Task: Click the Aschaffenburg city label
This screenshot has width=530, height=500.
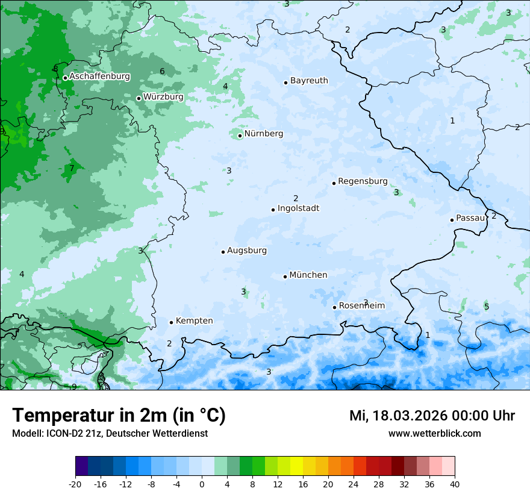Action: click(99, 77)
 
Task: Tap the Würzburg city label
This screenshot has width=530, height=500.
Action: click(163, 96)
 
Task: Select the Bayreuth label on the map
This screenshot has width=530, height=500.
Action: click(309, 80)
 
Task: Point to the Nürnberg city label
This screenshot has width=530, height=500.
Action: click(263, 134)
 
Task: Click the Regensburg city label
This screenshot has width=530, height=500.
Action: click(363, 181)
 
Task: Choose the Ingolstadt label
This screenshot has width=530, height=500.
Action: click(298, 208)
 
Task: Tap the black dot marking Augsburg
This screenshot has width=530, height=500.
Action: click(223, 252)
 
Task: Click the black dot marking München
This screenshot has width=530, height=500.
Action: click(285, 277)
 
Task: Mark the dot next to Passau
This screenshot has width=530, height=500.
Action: click(452, 220)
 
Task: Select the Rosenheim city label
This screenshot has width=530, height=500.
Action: click(361, 305)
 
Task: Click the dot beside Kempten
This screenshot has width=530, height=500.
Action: click(171, 322)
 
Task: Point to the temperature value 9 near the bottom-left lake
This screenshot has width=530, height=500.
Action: click(74, 387)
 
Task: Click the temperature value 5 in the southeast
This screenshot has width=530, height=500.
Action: click(487, 307)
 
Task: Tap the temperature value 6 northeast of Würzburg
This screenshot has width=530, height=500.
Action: click(162, 72)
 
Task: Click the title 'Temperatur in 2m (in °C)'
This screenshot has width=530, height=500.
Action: click(119, 416)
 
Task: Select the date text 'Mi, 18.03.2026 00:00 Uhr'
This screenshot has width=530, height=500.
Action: click(432, 416)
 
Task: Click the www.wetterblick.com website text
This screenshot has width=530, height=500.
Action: click(434, 433)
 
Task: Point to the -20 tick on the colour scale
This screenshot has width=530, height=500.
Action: click(75, 484)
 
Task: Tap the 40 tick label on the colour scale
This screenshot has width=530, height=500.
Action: click(454, 484)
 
